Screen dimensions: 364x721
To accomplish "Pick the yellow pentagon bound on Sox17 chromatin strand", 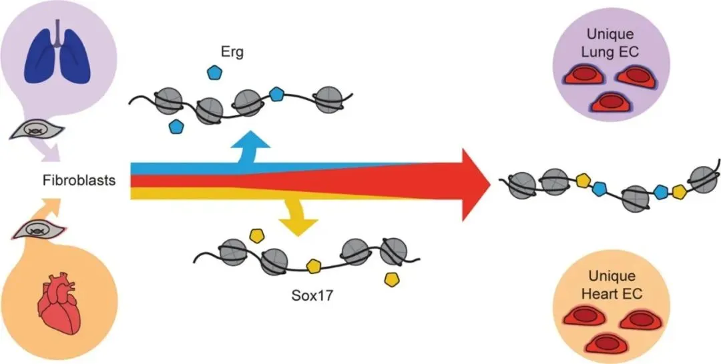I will click(x=312, y=267).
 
